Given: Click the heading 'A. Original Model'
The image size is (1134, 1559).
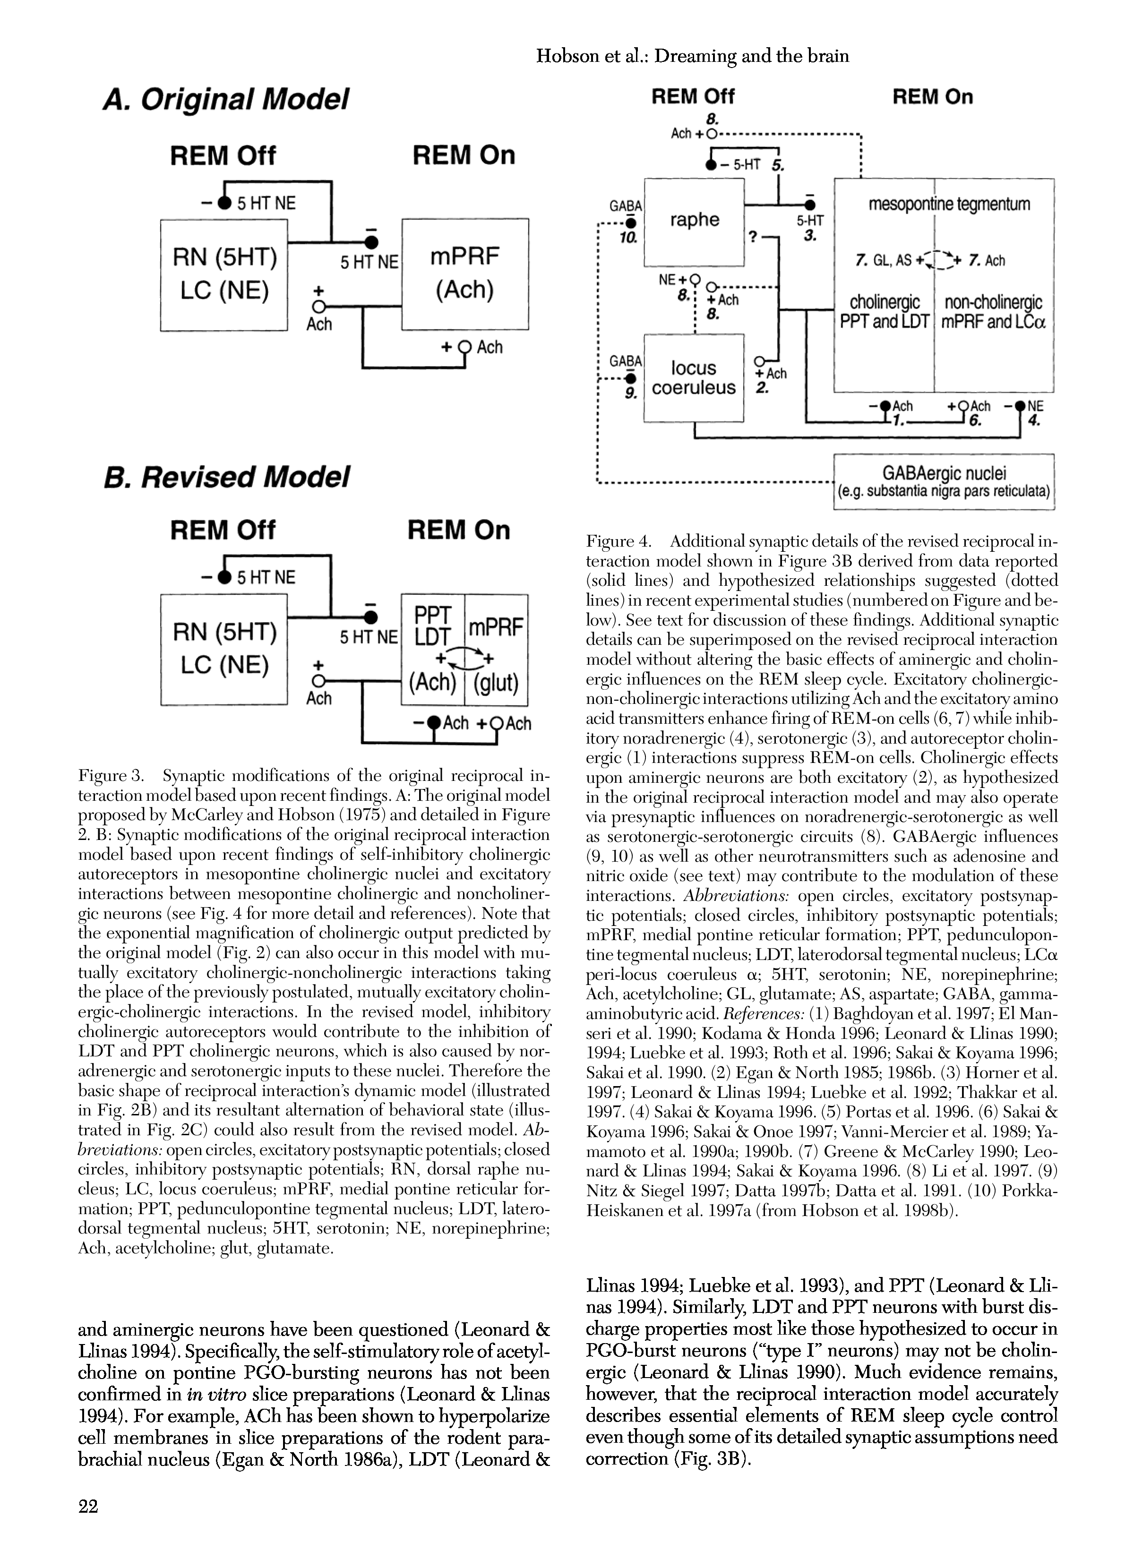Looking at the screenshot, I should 225,100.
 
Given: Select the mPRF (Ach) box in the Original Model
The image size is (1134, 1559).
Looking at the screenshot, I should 465,274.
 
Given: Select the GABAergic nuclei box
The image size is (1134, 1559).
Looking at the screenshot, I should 944,481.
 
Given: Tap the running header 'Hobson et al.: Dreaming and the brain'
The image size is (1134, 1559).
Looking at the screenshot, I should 692,56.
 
